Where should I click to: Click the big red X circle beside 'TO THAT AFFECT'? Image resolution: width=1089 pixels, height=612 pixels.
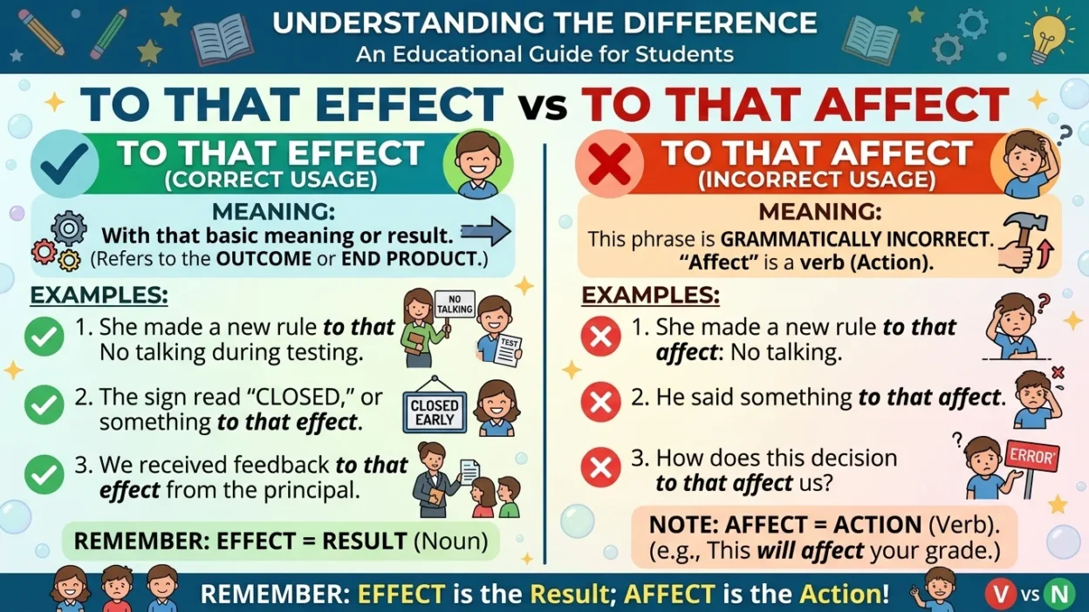(x=609, y=163)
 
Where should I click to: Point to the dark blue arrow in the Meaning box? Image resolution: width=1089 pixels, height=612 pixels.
(x=485, y=232)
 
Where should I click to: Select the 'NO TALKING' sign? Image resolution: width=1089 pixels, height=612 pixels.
(x=454, y=304)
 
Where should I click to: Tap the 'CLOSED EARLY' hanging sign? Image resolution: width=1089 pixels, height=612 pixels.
(x=435, y=411)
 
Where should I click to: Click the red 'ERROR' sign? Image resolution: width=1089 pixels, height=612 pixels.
(x=1032, y=456)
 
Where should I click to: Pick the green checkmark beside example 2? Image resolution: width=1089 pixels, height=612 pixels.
(x=44, y=405)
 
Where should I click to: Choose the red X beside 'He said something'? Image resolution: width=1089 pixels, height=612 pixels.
(x=600, y=402)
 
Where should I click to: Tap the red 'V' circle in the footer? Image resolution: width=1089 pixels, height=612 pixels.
(x=1000, y=595)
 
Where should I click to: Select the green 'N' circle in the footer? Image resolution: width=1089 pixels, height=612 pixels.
(x=1058, y=595)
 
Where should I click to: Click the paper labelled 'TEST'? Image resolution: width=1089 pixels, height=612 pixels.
(x=508, y=350)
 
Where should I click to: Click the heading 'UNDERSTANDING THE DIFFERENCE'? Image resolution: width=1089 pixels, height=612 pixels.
(x=544, y=23)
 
